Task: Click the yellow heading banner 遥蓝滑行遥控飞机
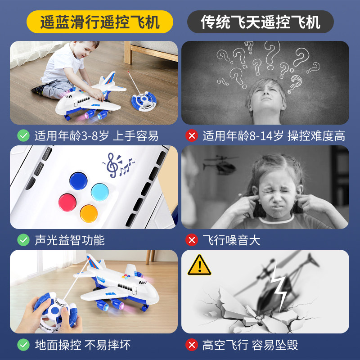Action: click(99, 22)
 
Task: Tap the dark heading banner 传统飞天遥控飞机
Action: click(261, 22)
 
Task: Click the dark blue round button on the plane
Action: click(78, 181)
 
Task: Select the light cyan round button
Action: click(100, 192)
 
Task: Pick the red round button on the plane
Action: click(67, 202)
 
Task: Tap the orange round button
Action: click(89, 214)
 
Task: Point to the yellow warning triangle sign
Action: click(199, 265)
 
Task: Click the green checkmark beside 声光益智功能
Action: click(23, 240)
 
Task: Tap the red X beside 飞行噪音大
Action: click(192, 240)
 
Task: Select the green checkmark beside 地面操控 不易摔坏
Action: click(23, 345)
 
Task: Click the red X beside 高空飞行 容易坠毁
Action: click(192, 345)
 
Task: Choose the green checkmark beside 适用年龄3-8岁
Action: click(23, 135)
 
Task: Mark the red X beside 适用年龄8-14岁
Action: click(192, 135)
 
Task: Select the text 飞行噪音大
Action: click(231, 240)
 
